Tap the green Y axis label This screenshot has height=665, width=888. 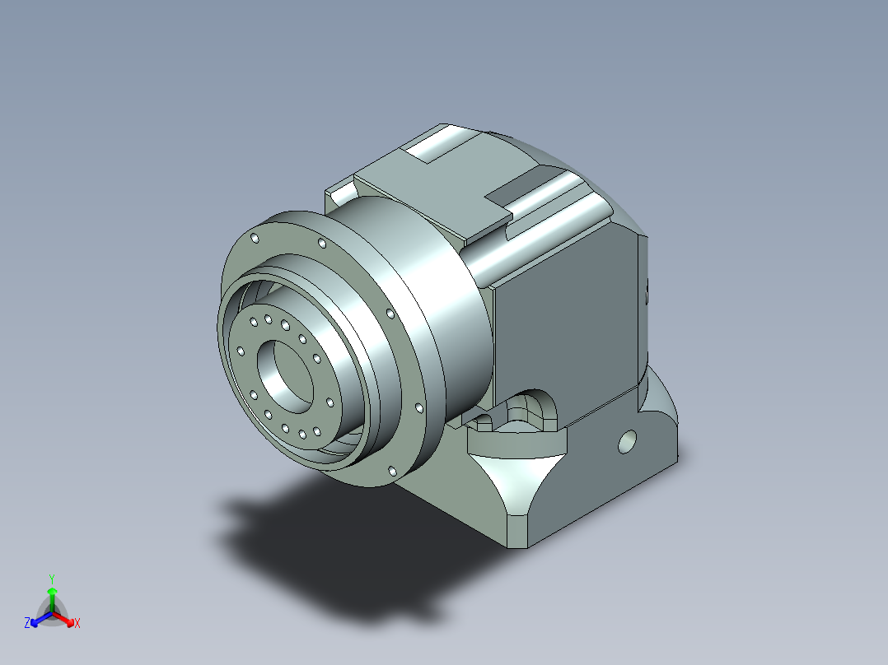coord(52,579)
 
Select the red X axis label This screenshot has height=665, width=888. coord(77,623)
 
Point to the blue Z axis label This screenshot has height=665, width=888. coord(27,623)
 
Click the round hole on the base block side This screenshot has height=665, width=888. coord(628,442)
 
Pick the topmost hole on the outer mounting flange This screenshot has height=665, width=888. coord(255,239)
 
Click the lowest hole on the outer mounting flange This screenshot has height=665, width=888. coord(392,471)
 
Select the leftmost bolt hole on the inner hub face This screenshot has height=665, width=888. coord(241,352)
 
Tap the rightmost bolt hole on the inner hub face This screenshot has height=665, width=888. coord(330,402)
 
